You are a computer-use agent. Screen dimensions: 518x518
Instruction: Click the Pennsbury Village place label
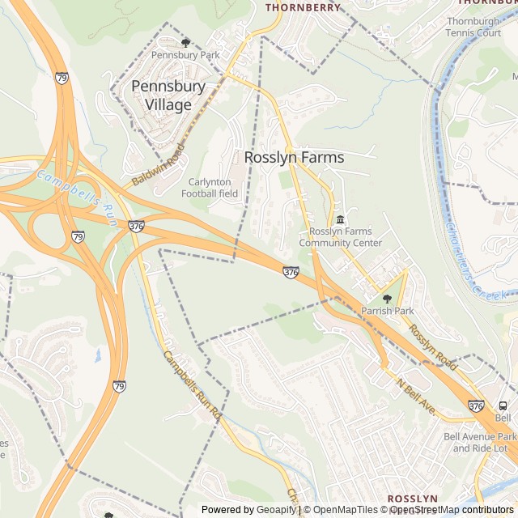[168, 95]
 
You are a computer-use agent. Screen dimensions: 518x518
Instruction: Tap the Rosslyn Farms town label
[294, 158]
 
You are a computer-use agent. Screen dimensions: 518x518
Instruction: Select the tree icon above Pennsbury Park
[185, 42]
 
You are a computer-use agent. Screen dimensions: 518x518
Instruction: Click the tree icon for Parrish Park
[387, 299]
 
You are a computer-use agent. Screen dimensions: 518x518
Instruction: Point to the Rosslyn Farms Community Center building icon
[340, 220]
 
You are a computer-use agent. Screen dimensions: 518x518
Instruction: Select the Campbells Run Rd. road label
[192, 384]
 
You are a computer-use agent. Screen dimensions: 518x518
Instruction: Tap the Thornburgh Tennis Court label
[473, 27]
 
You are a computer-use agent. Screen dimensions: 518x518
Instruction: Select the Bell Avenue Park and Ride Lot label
[480, 442]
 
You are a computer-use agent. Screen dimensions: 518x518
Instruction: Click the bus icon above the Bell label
[503, 405]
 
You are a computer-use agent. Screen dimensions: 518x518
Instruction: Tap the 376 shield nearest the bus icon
[476, 405]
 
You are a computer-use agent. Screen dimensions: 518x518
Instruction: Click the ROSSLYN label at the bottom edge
[412, 499]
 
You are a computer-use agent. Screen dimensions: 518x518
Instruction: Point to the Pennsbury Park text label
[185, 55]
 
